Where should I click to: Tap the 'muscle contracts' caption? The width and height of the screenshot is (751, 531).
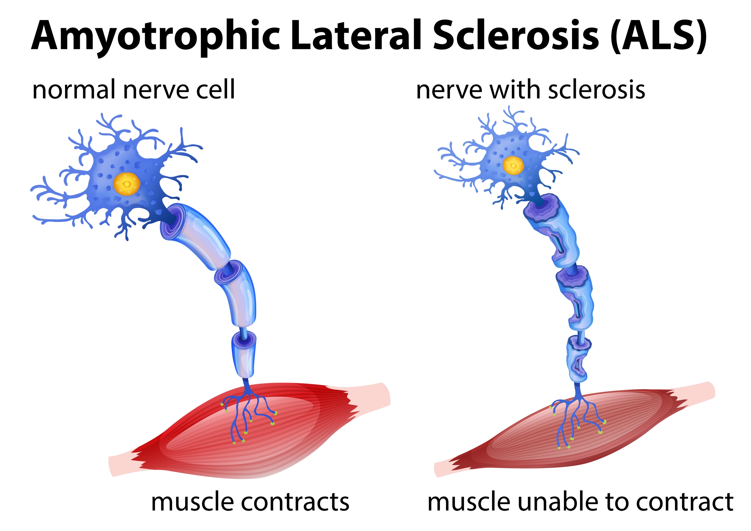(x=250, y=502)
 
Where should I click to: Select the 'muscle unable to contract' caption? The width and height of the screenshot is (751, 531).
(x=581, y=502)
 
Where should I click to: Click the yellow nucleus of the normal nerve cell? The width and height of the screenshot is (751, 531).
(x=127, y=184)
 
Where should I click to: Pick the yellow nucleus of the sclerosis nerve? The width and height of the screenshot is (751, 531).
(x=513, y=165)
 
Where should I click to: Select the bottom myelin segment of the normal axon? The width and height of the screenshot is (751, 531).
(x=244, y=355)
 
